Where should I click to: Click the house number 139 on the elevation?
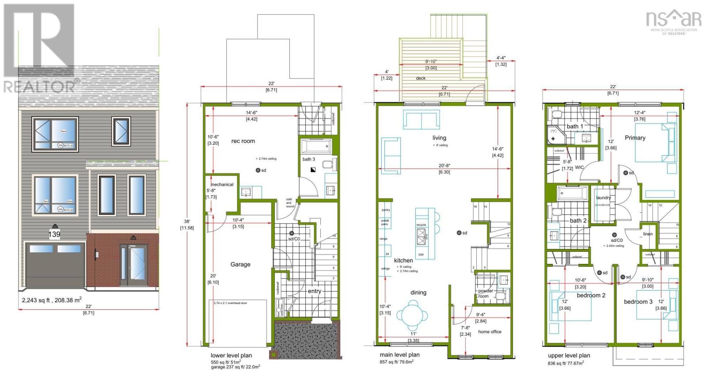coord(54,234)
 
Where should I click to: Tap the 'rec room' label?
coord(243,141)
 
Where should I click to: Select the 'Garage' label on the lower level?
coord(240,264)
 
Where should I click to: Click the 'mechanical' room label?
coord(222,184)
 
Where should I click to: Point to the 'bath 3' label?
coord(309,159)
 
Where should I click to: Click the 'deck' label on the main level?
coord(421,78)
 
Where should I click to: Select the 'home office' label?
coord(490,332)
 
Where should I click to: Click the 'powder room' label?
coord(485,294)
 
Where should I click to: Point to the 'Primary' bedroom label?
coord(635,138)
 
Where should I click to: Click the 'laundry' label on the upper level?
coord(603,198)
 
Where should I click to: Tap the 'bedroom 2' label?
coord(591,295)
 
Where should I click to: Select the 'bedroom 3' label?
coord(638,302)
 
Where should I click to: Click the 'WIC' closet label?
coord(579,168)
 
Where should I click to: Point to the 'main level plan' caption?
coord(399,355)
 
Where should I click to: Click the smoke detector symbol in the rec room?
coord(258,170)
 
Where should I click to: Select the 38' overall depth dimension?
coord(186,222)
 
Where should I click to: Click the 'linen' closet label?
coord(648,234)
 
